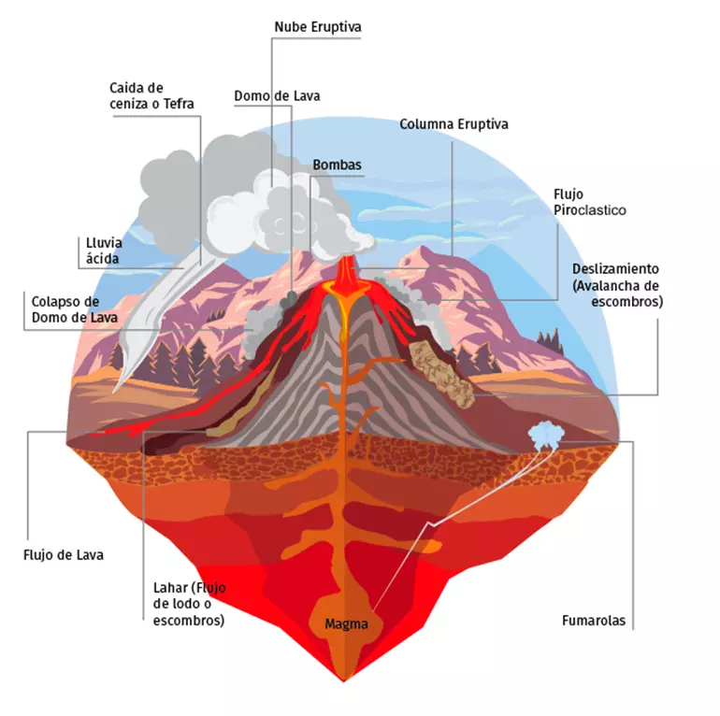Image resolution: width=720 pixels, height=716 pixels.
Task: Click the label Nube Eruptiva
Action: (x=318, y=27)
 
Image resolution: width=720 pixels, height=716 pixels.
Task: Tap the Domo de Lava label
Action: (x=277, y=96)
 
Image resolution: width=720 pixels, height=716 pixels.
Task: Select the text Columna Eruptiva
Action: (x=454, y=124)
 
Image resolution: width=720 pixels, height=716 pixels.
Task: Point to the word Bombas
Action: (x=337, y=165)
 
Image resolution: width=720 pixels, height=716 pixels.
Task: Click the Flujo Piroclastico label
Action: (x=590, y=202)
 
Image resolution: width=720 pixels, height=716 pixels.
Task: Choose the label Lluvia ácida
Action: (x=104, y=251)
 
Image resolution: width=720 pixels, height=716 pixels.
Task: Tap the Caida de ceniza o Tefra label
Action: (x=151, y=95)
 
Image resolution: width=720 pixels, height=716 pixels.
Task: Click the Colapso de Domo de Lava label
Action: (x=75, y=309)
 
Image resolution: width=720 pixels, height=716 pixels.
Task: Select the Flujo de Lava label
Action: (x=64, y=555)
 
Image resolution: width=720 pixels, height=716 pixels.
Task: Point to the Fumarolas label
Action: (x=594, y=621)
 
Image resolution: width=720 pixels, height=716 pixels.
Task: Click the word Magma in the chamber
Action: (x=346, y=624)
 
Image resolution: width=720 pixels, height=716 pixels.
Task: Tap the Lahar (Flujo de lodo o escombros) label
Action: (x=189, y=604)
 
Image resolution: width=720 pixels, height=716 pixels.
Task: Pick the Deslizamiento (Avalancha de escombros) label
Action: (x=617, y=285)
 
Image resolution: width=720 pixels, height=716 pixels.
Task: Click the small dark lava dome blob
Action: (x=289, y=299)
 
